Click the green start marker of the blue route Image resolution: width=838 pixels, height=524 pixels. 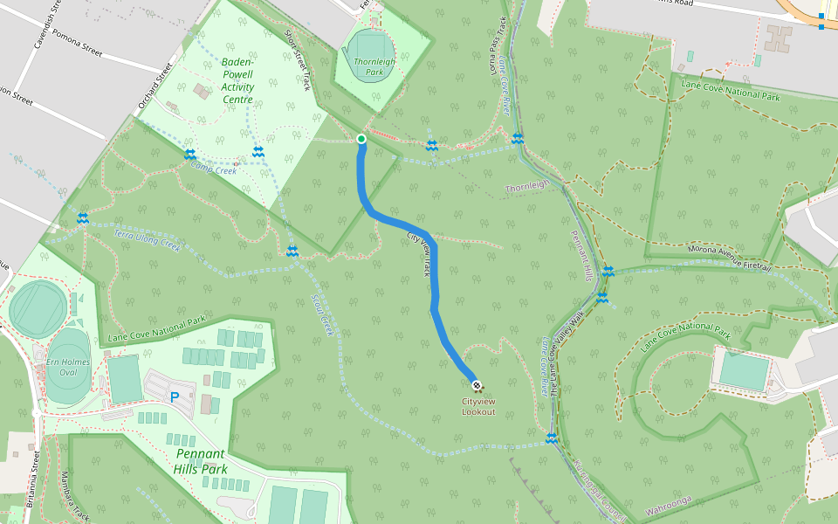pos(361,139)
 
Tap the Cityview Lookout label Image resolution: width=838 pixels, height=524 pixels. pos(478,407)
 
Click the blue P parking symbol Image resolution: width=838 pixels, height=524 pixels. pos(175,396)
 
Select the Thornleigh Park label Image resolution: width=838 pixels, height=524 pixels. pos(374,66)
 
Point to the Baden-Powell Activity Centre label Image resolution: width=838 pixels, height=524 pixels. pos(237,80)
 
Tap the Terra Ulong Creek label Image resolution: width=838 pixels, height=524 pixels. pos(147,240)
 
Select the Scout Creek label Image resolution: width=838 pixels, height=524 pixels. pos(322,314)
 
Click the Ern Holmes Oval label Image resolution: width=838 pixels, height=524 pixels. pos(62,367)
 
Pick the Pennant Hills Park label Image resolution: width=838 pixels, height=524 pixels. pos(202,461)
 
